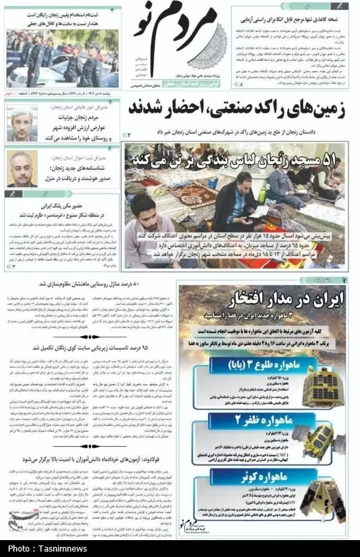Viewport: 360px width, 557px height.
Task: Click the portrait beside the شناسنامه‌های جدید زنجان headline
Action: pyautogui.click(x=22, y=168)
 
